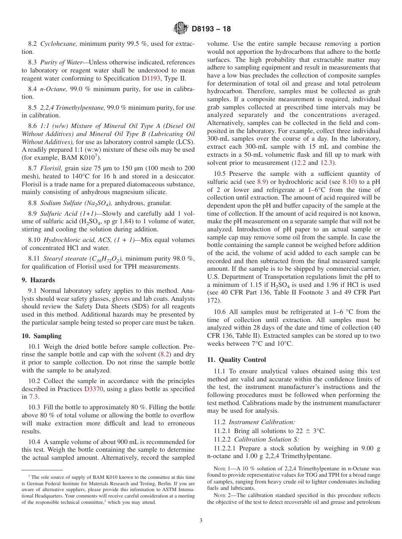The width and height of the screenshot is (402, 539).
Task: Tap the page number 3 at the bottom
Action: (x=201, y=520)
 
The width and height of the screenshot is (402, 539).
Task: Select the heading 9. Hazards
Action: (x=38, y=280)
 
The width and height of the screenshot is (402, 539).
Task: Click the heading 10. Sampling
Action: (x=41, y=336)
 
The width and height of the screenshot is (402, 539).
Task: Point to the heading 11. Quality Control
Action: (x=237, y=360)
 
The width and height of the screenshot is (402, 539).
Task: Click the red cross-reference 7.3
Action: (x=33, y=397)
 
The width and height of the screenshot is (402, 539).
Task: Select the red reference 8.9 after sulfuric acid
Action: (x=262, y=181)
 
